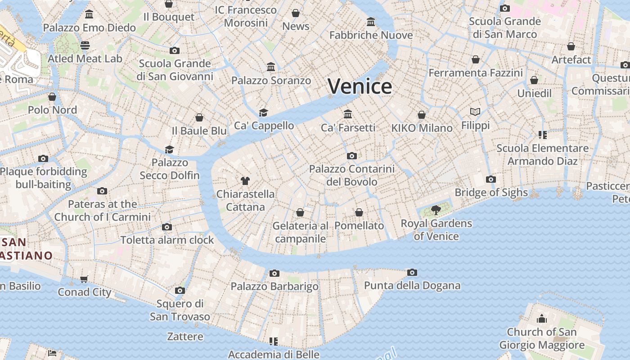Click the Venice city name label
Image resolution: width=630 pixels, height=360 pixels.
360,86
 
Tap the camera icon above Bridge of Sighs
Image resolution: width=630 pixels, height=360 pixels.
491,179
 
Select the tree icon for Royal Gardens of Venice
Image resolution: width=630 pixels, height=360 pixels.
436,210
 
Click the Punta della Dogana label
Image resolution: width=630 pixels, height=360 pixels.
412,285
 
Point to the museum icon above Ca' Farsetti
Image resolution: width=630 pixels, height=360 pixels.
348,114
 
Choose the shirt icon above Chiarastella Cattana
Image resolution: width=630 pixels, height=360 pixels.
245,181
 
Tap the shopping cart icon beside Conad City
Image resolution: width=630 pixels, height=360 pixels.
84,279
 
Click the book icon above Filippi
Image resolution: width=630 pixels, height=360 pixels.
475,112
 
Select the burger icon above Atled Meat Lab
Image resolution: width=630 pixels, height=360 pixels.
85,45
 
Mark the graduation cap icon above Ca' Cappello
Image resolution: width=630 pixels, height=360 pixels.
263,112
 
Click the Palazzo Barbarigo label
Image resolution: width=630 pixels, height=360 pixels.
274,286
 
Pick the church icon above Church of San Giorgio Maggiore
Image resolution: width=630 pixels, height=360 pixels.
542,319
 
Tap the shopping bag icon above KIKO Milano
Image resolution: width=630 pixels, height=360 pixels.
422,115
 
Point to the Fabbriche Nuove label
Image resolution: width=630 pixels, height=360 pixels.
371,35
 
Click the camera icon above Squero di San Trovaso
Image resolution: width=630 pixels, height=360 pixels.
180,290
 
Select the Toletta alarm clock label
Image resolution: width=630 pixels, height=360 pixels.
167,240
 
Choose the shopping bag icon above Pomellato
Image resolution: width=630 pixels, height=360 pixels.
359,212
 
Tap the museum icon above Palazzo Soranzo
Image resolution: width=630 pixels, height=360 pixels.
271,67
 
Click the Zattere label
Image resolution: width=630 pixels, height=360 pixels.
185,336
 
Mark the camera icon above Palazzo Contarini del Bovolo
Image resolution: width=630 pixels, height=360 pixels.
352,156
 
